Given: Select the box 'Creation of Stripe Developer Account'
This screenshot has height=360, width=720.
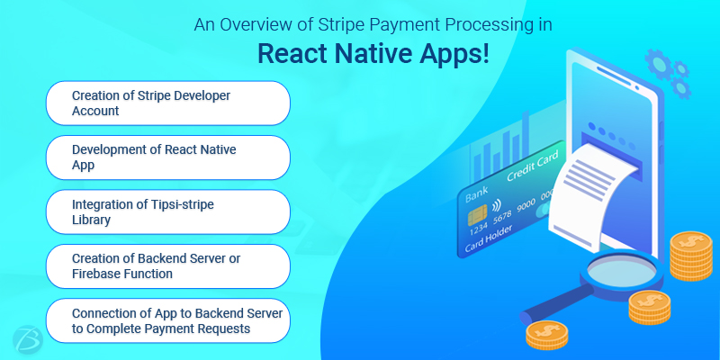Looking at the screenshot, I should [168, 103].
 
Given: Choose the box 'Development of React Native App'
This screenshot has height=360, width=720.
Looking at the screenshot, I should [168, 157].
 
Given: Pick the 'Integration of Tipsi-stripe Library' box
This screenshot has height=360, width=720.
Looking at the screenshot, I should [168, 212].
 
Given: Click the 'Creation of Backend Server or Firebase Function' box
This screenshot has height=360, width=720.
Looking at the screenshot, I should [168, 266].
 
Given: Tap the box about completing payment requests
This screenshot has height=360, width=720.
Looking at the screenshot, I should [168, 320].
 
